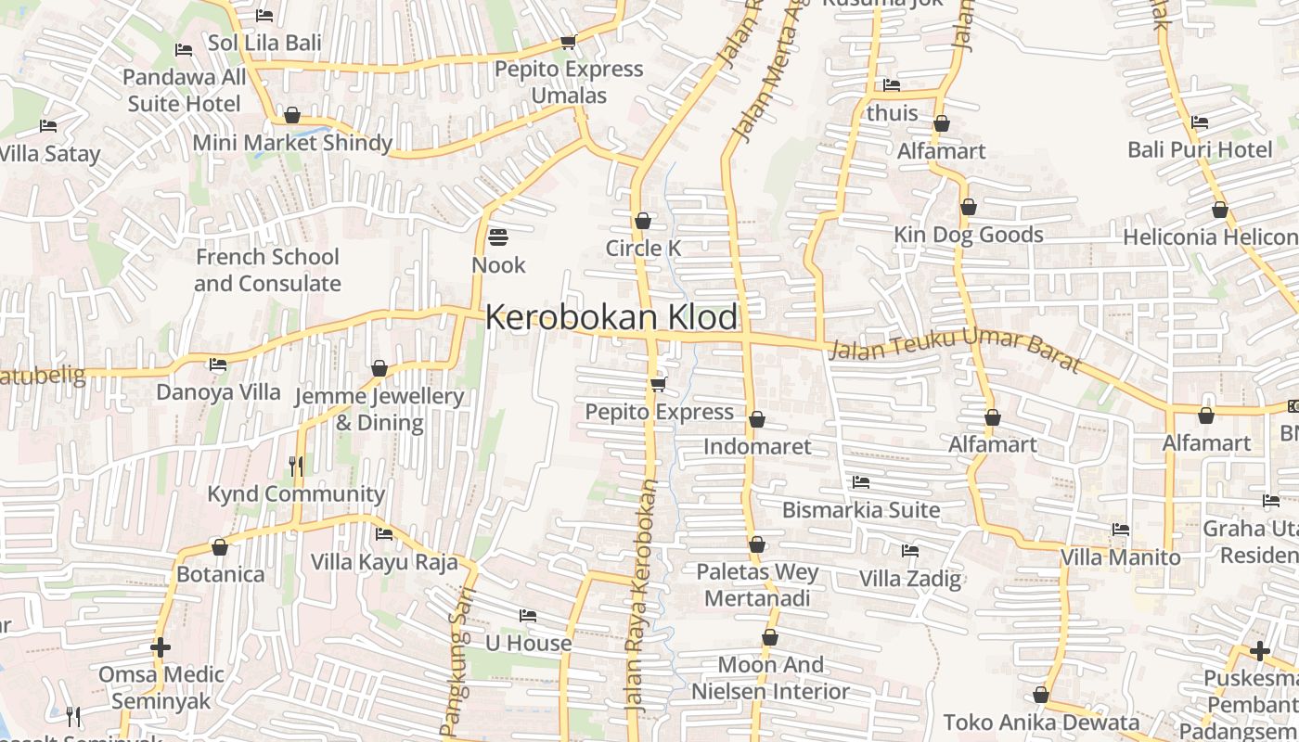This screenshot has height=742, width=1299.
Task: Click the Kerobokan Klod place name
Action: (611, 317)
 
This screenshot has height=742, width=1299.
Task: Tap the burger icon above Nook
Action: (498, 237)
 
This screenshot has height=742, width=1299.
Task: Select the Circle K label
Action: (643, 248)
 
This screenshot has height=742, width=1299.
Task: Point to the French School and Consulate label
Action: (267, 270)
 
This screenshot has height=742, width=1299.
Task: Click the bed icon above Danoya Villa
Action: (218, 365)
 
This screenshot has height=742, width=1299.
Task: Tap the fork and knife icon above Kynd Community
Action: (296, 466)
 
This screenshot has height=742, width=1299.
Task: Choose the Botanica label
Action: (220, 574)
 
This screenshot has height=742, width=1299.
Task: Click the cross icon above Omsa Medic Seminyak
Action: (161, 646)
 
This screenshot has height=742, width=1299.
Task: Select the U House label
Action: (528, 643)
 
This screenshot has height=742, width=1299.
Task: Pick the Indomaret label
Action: (756, 446)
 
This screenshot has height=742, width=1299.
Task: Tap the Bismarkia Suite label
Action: (860, 509)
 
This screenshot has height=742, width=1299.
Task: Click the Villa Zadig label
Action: (909, 579)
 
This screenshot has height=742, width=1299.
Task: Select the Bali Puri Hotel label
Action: (1200, 149)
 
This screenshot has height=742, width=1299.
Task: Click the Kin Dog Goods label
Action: (968, 235)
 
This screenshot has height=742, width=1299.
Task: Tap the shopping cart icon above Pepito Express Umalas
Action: (568, 42)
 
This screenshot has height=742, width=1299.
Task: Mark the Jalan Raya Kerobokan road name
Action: (643, 594)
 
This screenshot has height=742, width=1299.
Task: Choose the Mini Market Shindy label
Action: (292, 143)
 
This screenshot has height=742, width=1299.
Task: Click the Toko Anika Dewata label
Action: (1041, 722)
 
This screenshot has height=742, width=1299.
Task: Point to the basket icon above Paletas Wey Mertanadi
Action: (757, 544)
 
